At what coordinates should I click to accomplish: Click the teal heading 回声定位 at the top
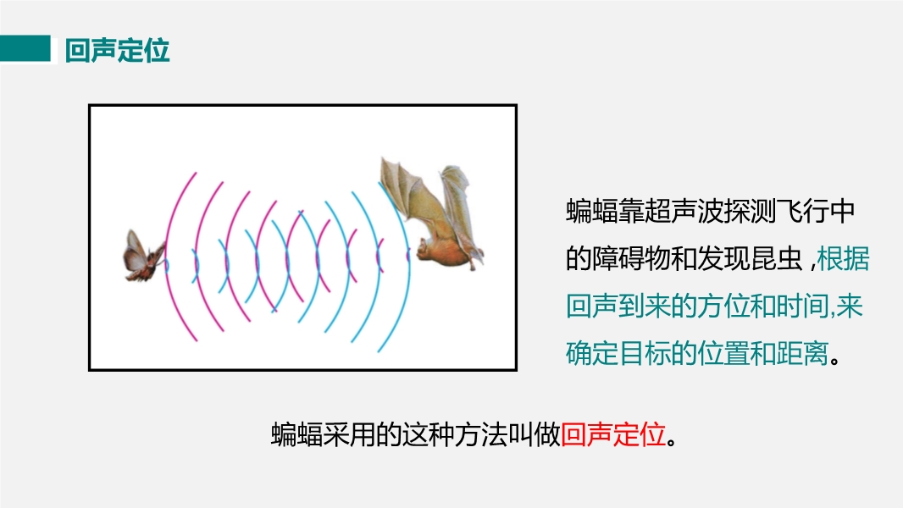point(118,51)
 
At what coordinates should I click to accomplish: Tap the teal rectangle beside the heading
point(25,48)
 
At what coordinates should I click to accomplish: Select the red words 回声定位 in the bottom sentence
point(613,434)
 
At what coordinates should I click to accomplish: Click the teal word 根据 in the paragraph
point(843,258)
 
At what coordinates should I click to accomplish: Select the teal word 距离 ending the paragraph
point(803,353)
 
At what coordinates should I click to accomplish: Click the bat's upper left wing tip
point(382,158)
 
